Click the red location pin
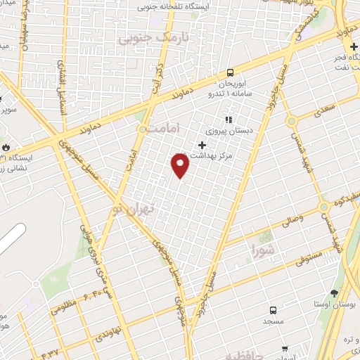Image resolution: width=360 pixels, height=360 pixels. tap(181, 166)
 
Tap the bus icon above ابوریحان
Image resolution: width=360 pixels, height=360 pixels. tap(230, 72)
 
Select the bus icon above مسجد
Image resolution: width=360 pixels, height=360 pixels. tap(273, 310)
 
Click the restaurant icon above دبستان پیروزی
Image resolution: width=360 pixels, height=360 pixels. tap(227, 120)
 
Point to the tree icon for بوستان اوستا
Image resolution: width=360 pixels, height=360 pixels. tap(334, 292)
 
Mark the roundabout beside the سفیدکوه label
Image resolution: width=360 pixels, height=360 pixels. tap(324, 207)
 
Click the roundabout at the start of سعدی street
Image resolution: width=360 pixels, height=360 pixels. tap(290, 120)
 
